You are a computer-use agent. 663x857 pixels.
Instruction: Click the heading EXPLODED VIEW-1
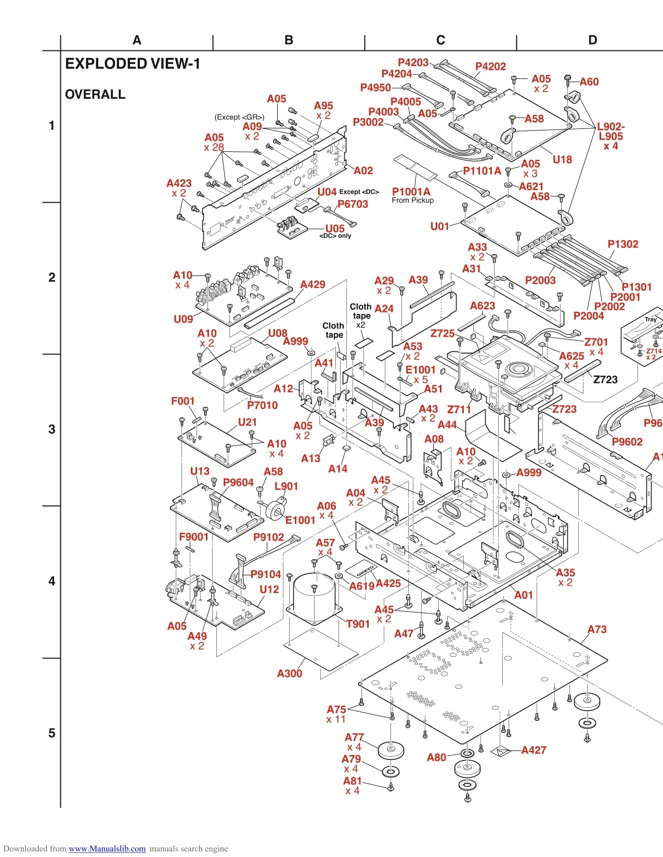click(x=132, y=64)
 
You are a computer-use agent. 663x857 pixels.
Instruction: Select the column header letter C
click(x=440, y=40)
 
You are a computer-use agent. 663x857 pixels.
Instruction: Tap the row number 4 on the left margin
click(x=51, y=581)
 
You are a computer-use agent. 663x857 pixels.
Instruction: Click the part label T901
click(x=358, y=624)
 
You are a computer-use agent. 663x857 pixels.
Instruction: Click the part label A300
click(x=289, y=674)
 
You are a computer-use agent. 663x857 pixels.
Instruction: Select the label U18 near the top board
click(x=562, y=160)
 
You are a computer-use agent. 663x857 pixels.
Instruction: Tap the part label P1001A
click(x=411, y=191)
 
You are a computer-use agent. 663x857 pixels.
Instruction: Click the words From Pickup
click(x=412, y=201)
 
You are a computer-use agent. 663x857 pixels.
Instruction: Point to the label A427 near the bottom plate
click(x=534, y=750)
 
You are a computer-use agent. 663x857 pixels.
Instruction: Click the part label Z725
click(x=442, y=333)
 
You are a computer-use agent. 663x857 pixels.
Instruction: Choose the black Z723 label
click(x=605, y=379)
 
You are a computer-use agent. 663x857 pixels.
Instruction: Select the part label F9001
click(x=193, y=537)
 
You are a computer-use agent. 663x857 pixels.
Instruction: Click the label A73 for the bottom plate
click(x=596, y=629)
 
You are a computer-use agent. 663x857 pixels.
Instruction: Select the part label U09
click(x=183, y=319)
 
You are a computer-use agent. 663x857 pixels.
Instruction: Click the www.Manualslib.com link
click(x=107, y=849)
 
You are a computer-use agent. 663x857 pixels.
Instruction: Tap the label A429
click(x=313, y=284)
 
